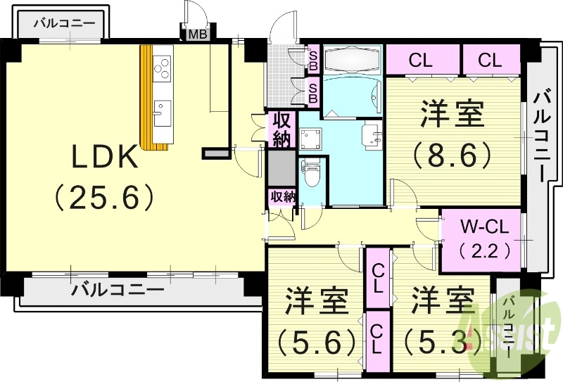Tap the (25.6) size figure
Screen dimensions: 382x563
coord(106,198)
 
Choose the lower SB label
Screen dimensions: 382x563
coord(313,90)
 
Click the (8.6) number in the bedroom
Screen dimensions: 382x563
coord(452,154)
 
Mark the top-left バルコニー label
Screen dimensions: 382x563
coord(65,23)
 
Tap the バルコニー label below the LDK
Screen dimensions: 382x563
coord(118,288)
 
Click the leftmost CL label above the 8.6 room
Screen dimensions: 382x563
coord(420,61)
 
